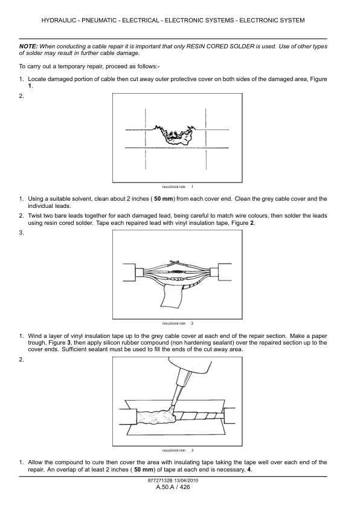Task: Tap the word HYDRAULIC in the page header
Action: (63, 21)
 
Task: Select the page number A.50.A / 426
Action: (173, 488)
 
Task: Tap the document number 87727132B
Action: (159, 481)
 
